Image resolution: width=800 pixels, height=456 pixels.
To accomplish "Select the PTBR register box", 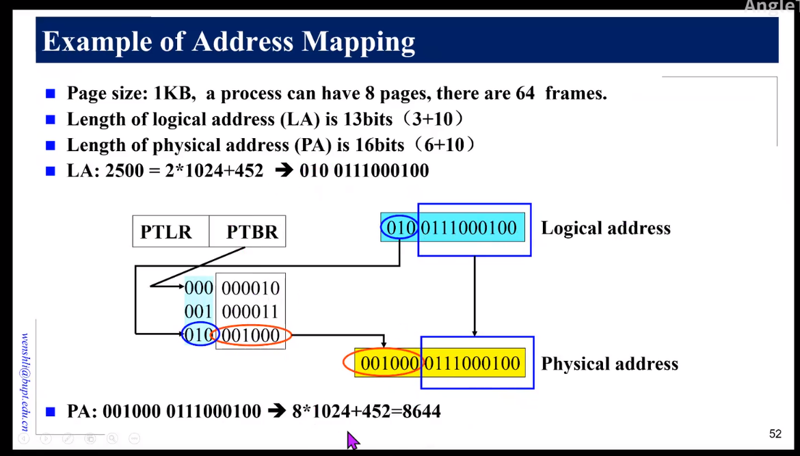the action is (x=248, y=231).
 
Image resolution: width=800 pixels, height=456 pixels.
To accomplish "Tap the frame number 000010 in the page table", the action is (x=250, y=289).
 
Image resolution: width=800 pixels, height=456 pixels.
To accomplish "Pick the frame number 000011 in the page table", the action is (x=250, y=312).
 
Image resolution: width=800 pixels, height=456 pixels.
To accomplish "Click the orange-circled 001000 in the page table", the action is (x=250, y=335).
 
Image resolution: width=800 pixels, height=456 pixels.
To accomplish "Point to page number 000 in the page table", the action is (x=198, y=288).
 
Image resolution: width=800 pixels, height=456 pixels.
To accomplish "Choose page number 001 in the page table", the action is (x=198, y=311).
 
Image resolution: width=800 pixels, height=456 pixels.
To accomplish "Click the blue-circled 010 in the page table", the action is (x=200, y=334).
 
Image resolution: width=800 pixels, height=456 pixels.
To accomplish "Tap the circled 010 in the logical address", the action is (x=399, y=228).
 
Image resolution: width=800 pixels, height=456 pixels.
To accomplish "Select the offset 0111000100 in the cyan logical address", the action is (x=469, y=228).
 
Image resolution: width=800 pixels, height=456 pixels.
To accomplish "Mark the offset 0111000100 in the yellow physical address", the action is (x=472, y=363).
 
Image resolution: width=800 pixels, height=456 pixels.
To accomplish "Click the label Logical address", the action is (x=606, y=228).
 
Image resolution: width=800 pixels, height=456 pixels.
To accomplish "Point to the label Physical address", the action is (x=610, y=364).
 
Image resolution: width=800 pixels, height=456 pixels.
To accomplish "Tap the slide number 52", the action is (x=775, y=433).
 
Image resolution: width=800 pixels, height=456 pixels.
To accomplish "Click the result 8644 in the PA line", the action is (x=421, y=411).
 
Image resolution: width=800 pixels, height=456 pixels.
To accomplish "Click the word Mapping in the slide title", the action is (x=358, y=42).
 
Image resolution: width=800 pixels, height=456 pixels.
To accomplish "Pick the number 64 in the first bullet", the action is (x=525, y=94).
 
